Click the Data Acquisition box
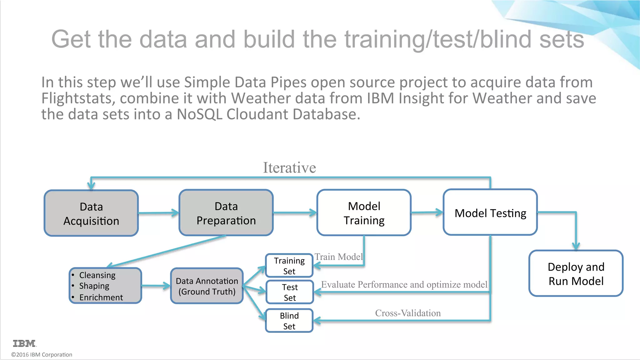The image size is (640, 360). [x=91, y=213]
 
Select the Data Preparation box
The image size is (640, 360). [x=226, y=213]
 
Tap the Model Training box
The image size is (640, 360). [x=364, y=213]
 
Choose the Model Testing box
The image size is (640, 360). [x=490, y=213]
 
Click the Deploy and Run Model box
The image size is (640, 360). [x=576, y=273]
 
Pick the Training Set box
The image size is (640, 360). [x=289, y=266]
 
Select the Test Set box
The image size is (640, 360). [x=289, y=292]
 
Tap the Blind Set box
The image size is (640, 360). [x=289, y=321]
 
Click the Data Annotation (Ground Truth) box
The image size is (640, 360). [x=207, y=286]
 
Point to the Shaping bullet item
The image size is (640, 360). [x=94, y=286]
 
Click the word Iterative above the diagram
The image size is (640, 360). [x=289, y=167]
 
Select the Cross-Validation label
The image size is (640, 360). [x=408, y=313]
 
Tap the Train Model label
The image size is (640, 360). [x=338, y=257]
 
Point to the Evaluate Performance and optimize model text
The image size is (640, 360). [x=404, y=285]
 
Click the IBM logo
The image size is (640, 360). [x=24, y=343]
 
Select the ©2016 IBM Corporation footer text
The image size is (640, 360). [x=42, y=355]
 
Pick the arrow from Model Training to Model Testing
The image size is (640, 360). [x=427, y=212]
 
